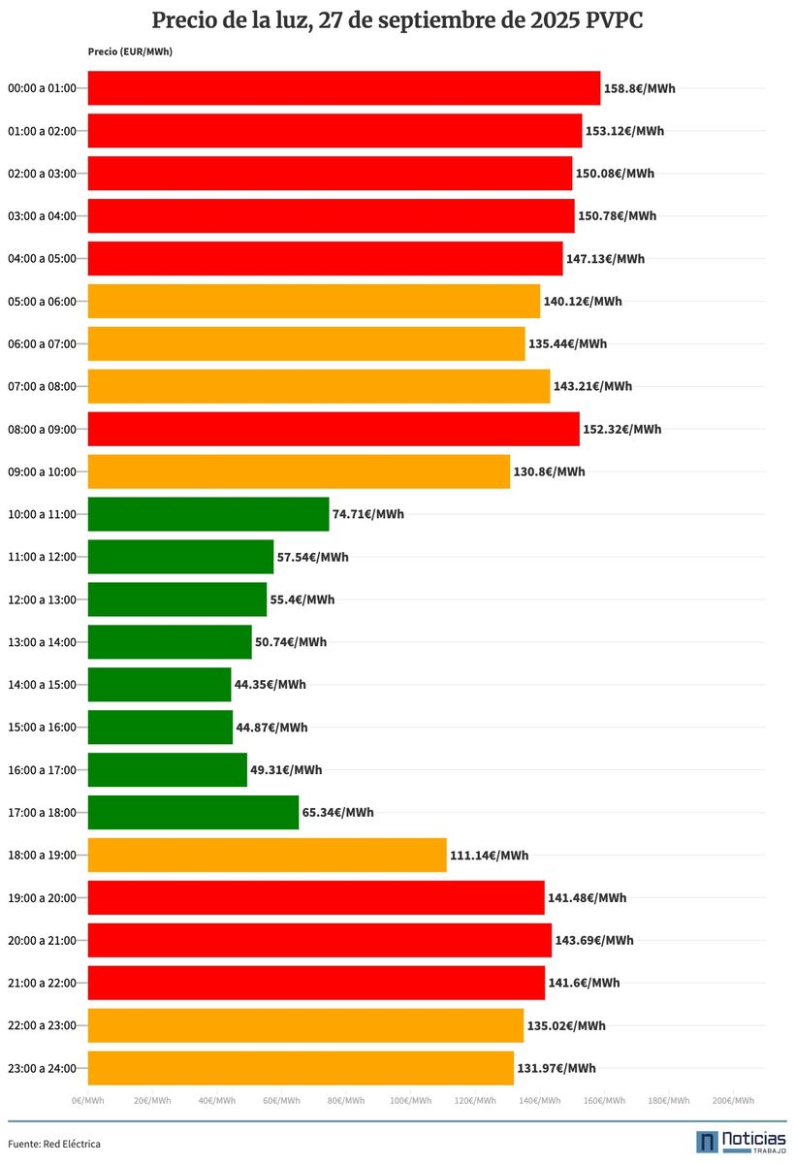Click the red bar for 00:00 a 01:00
point(344,88)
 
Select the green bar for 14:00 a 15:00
point(160,685)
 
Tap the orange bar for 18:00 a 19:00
point(268,856)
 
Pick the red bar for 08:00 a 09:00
point(334,429)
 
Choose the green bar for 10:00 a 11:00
point(208,514)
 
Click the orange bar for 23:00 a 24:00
point(301,1068)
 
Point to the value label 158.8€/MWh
point(640,88)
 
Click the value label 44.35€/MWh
point(270,685)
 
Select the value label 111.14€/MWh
point(490,856)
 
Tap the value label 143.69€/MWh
point(594,940)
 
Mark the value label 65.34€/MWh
point(338,813)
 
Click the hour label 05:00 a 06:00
point(42,302)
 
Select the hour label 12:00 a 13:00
point(42,599)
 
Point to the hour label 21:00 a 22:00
point(42,984)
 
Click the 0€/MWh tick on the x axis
point(87,1101)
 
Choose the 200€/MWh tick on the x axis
point(733,1101)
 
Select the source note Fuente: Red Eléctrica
point(54,1145)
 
